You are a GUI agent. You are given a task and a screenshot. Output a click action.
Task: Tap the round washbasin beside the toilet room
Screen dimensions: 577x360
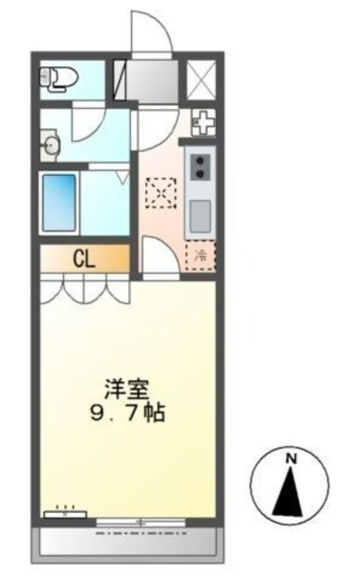51,143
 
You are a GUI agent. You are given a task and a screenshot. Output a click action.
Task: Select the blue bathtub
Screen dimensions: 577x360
61,203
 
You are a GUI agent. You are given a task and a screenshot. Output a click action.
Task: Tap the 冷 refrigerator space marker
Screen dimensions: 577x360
201,256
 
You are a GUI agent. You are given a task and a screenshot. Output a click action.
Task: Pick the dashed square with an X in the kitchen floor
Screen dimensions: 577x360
163,192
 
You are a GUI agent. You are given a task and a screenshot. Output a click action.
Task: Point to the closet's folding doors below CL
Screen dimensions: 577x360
86,289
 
